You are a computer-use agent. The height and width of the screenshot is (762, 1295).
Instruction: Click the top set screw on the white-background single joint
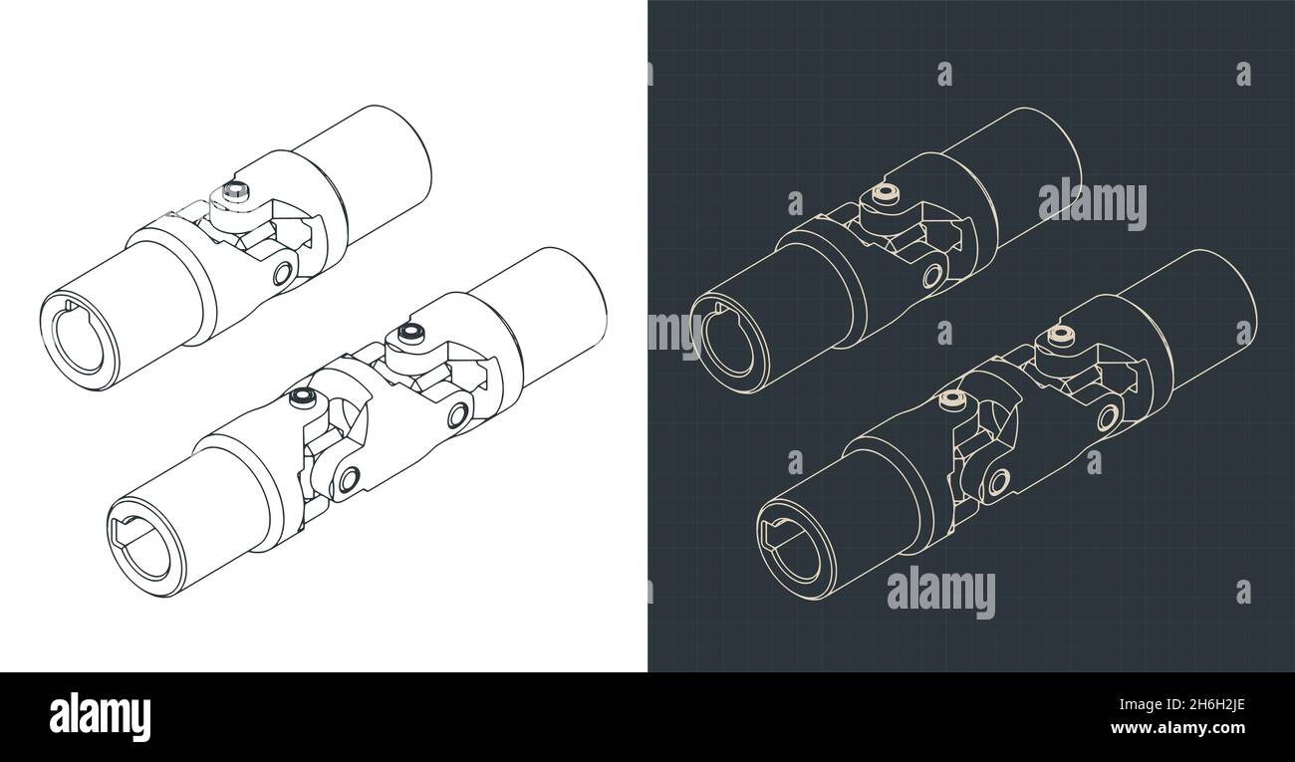pyautogui.click(x=236, y=191)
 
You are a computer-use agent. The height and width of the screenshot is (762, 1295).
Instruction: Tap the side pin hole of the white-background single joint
pyautogui.click(x=282, y=273)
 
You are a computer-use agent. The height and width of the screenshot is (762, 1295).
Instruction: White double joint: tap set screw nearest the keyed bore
pyautogui.click(x=302, y=397)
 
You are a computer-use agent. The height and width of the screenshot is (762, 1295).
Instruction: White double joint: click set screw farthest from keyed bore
pyautogui.click(x=411, y=333)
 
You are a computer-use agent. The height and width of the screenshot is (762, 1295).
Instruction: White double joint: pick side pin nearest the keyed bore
pyautogui.click(x=350, y=479)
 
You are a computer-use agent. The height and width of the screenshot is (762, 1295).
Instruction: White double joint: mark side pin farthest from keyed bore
pyautogui.click(x=458, y=415)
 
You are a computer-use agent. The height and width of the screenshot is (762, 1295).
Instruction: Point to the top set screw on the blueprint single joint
pyautogui.click(x=886, y=193)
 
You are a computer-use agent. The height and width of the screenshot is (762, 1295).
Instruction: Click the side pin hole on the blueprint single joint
pyautogui.click(x=932, y=275)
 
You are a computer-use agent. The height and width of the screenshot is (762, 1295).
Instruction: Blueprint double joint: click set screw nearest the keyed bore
pyautogui.click(x=951, y=399)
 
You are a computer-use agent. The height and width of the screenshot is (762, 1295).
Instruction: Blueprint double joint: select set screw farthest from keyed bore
pyautogui.click(x=1061, y=336)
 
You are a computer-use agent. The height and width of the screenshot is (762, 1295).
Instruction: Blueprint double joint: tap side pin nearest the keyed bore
pyautogui.click(x=999, y=481)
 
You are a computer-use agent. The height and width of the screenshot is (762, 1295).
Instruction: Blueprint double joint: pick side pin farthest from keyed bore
pyautogui.click(x=1108, y=417)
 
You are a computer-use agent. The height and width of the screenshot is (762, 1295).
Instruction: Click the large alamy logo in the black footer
pyautogui.click(x=100, y=717)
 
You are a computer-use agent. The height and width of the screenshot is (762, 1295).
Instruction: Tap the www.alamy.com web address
pyautogui.click(x=1177, y=728)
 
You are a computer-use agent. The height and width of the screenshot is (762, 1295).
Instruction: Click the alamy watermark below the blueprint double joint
pyautogui.click(x=941, y=595)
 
